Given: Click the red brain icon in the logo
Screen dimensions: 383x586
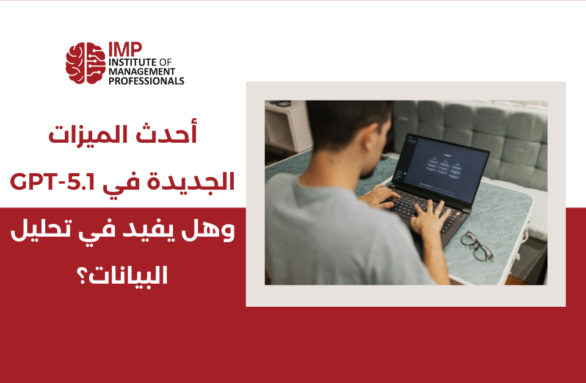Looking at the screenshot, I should click(x=85, y=63).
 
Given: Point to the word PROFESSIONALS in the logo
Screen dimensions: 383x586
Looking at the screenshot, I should click(x=146, y=81).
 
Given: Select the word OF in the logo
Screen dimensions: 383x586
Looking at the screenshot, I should click(x=166, y=62).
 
